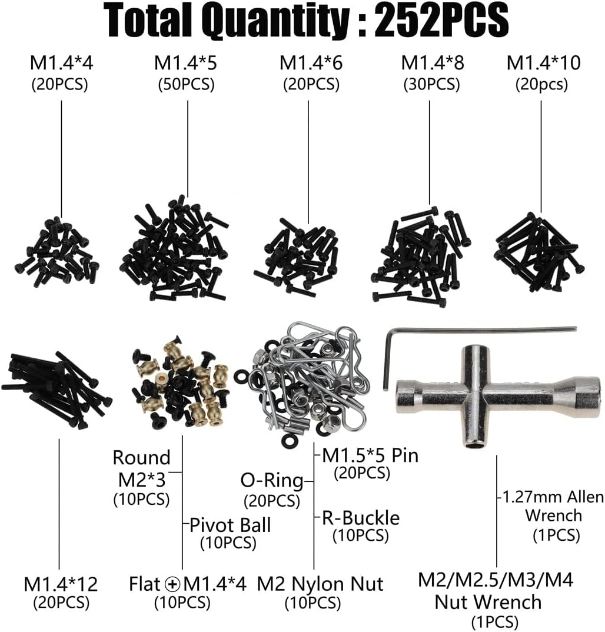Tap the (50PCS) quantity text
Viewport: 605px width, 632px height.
coord(186,85)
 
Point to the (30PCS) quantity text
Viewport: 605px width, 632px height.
coord(432,85)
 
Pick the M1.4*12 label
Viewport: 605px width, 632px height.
coord(61,584)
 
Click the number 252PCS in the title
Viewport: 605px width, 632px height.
coord(441,19)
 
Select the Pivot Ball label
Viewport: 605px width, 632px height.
coord(230,525)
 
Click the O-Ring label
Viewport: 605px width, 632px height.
coord(272,480)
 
